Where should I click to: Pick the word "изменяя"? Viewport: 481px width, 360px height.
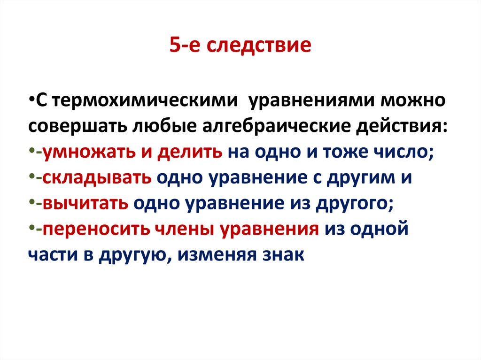220,255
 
